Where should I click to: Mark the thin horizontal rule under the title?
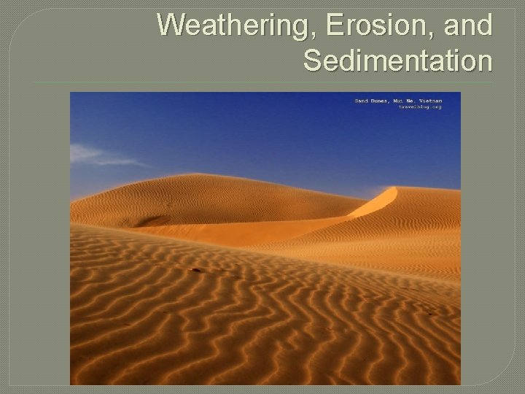[x=262, y=82]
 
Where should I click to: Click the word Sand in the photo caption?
[x=362, y=100]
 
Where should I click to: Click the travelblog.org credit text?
[x=426, y=107]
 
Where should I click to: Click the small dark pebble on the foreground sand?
[x=195, y=270]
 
